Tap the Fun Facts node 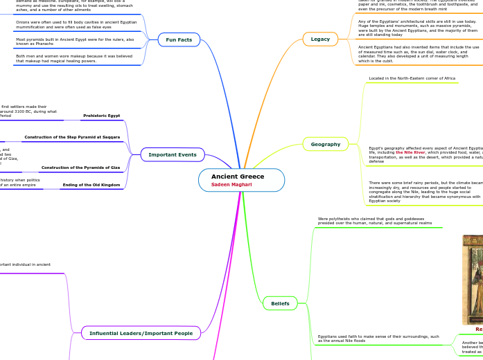tap(179, 40)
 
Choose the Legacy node tap(320, 39)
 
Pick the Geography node tap(325, 144)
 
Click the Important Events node tap(173, 154)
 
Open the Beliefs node tap(280, 303)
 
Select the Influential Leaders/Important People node tap(141, 333)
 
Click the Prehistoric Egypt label tap(101, 116)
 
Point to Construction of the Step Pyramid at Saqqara tap(72, 137)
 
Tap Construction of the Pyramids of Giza tap(80, 168)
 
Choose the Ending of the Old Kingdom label tap(91, 185)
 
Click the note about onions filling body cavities tap(76, 25)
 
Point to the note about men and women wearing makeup tap(74, 58)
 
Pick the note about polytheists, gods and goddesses tap(374, 221)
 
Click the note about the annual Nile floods tap(378, 339)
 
